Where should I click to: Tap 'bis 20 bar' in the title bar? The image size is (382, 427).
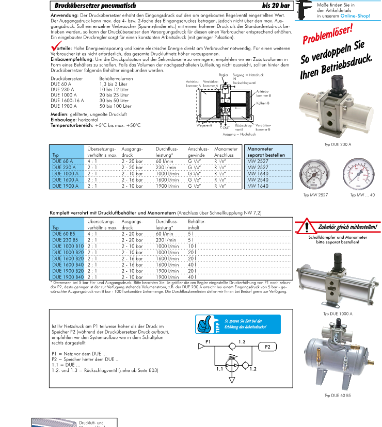tap(276, 5)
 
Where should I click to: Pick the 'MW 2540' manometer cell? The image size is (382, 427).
tap(258, 180)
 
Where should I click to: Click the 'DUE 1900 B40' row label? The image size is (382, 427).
tap(68, 277)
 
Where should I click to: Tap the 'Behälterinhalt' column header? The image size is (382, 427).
tap(197, 224)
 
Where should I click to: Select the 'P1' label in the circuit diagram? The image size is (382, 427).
tap(208, 342)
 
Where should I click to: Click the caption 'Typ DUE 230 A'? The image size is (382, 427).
tap(338, 145)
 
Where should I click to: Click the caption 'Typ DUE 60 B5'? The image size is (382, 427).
tap(338, 396)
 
